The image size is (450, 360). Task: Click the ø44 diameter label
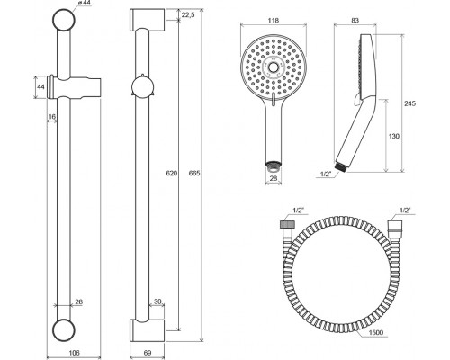click(84, 3)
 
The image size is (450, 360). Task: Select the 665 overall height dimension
click(194, 173)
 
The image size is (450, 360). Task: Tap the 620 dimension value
click(172, 173)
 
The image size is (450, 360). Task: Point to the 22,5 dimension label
click(188, 14)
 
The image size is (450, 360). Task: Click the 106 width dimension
click(74, 353)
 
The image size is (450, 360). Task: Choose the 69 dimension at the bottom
click(148, 353)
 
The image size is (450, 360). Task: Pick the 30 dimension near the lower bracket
click(157, 301)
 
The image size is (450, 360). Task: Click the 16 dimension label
click(52, 116)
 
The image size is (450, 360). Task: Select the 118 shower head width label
click(274, 21)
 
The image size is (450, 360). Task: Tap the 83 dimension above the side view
click(355, 21)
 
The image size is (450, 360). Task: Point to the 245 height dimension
click(409, 103)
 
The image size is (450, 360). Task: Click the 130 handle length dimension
click(394, 136)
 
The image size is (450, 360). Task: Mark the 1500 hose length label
click(375, 332)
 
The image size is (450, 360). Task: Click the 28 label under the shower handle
click(274, 178)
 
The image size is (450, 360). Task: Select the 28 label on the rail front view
click(78, 301)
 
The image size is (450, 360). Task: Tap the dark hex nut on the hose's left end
click(284, 225)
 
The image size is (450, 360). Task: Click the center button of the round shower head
click(274, 67)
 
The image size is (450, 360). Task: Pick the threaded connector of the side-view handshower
click(341, 166)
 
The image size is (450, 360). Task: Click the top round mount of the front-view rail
click(63, 20)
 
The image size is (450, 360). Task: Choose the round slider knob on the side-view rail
click(143, 87)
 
